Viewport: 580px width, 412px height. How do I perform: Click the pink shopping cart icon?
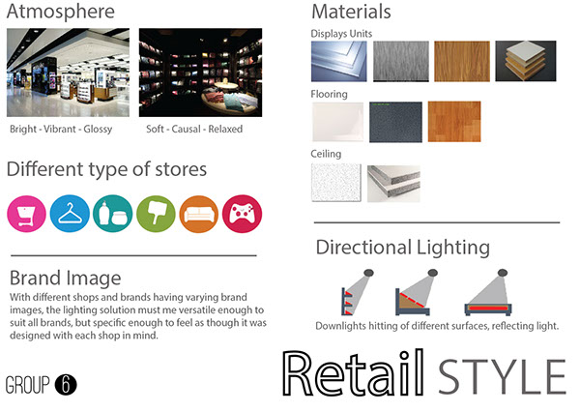26,214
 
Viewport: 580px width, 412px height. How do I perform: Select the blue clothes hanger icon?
70,214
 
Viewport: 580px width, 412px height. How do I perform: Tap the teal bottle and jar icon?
113,214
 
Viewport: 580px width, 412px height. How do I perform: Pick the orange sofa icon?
199,214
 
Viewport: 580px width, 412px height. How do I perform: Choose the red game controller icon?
242,214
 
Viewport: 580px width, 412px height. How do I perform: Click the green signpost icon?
156,214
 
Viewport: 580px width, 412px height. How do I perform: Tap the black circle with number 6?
66,385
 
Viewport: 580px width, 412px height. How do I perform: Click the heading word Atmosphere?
61,11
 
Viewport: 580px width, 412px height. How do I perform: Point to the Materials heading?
351,12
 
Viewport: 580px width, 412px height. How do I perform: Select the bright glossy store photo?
68,73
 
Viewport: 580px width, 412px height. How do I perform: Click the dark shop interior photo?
200,73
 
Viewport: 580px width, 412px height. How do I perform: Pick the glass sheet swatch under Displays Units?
339,61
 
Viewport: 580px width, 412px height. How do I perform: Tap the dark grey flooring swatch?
395,122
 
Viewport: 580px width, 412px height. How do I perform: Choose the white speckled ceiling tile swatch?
336,183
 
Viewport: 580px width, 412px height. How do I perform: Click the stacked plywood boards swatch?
526,61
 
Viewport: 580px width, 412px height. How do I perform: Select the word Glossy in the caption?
98,130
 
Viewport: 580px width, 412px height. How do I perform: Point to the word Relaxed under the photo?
225,130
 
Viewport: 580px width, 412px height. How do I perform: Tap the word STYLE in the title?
502,377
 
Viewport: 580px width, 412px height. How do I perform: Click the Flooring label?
329,95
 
